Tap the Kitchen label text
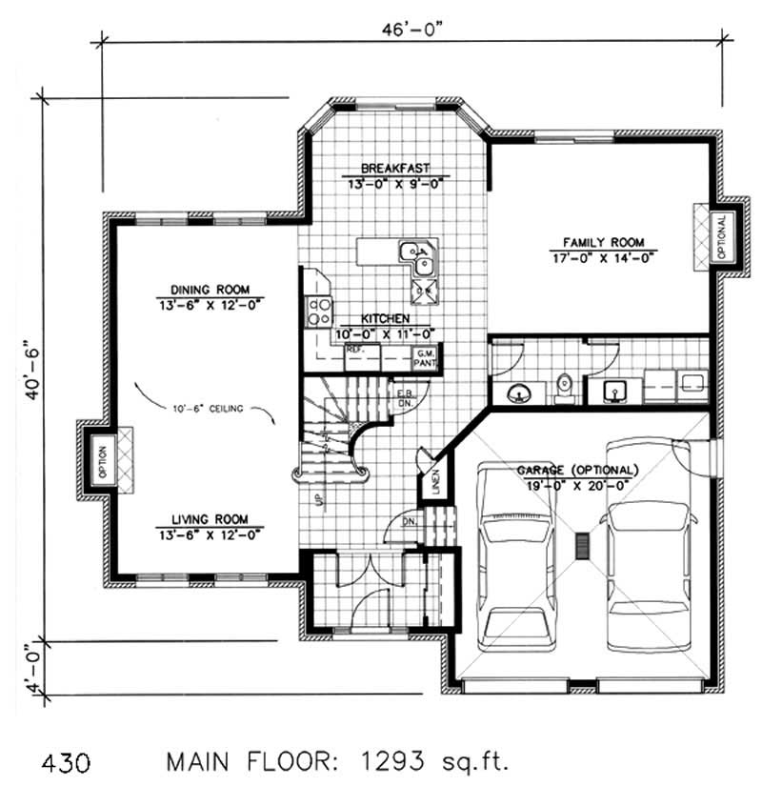click(385, 319)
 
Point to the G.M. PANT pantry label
click(424, 357)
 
